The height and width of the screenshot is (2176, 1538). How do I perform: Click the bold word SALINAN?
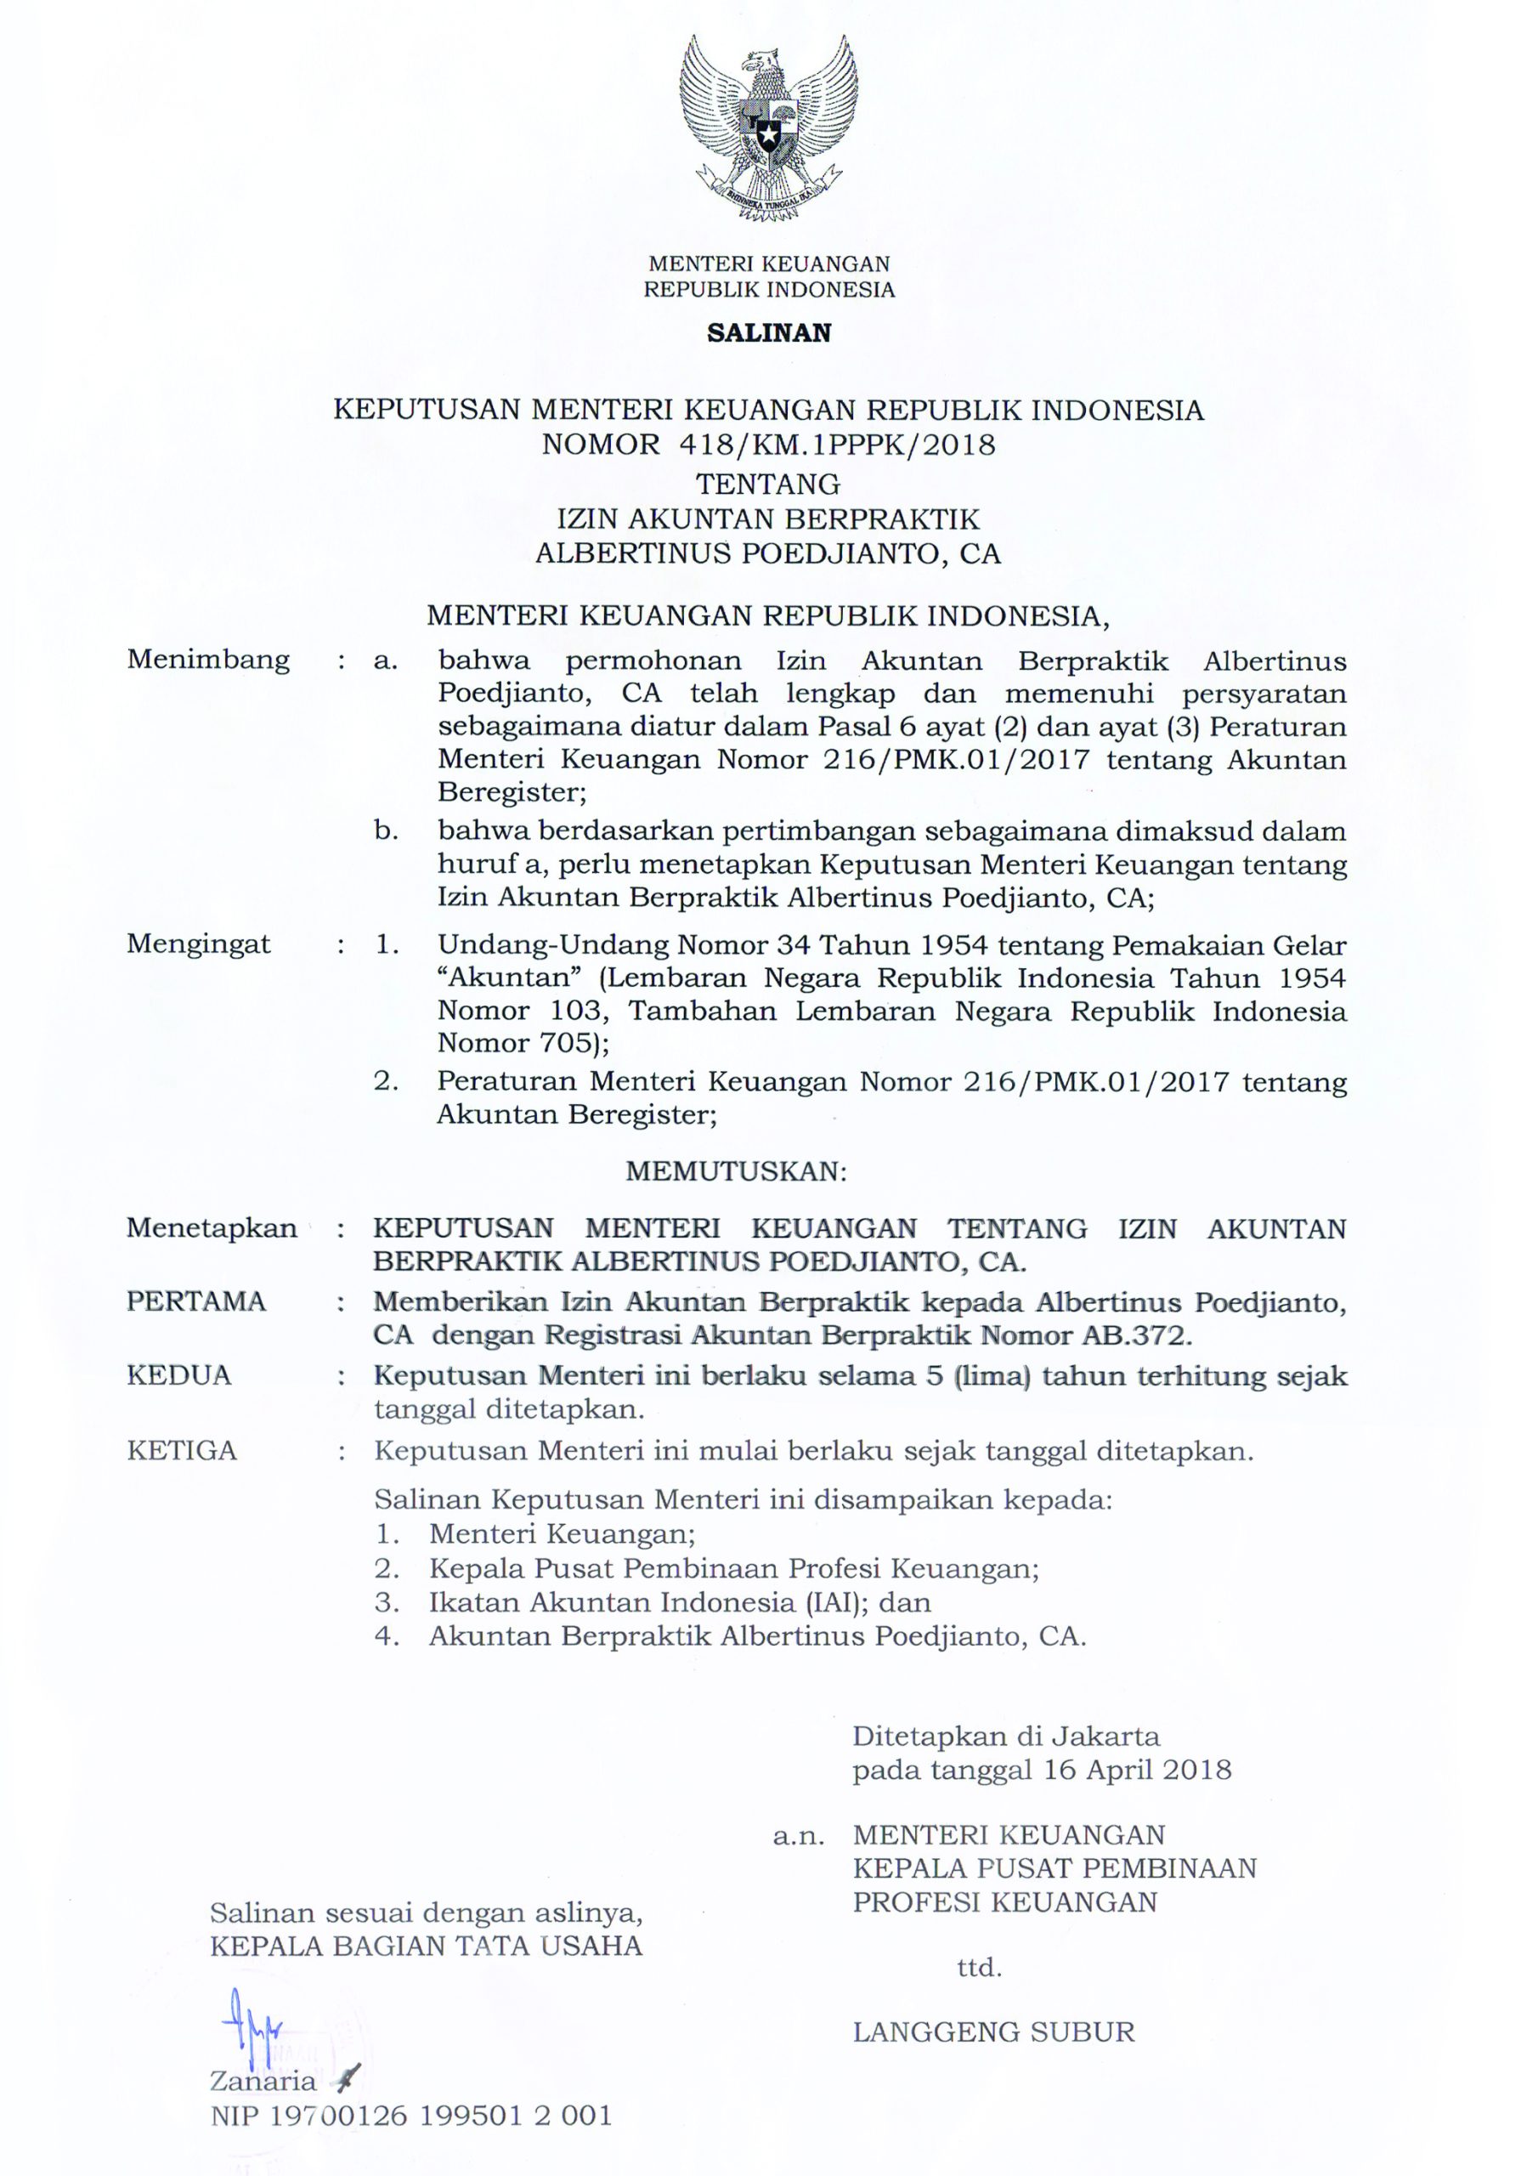point(768,332)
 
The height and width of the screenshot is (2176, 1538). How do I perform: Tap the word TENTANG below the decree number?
point(768,484)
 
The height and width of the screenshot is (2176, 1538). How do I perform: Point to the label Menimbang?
point(208,660)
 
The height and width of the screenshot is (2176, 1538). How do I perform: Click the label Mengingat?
point(199,944)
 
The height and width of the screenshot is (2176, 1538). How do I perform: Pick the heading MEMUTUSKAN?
point(735,1171)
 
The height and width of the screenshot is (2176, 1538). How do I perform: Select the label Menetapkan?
point(212,1228)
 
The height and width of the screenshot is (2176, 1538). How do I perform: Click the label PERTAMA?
point(196,1301)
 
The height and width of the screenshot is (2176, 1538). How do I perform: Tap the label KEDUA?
point(179,1375)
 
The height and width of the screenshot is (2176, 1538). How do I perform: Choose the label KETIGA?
point(182,1451)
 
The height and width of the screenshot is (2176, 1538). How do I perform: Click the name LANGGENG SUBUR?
point(993,2032)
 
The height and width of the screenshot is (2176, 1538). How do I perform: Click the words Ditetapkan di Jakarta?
point(1005,1737)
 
